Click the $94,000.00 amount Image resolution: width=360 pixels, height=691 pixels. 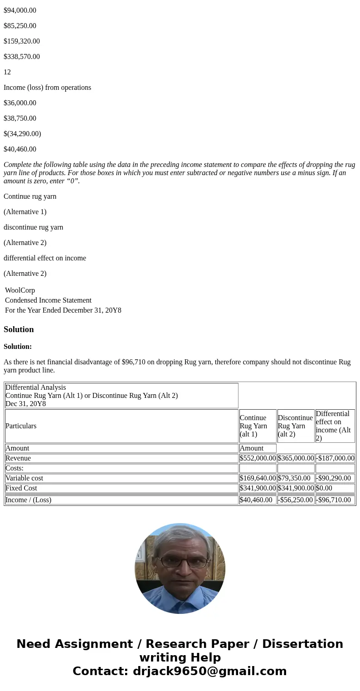(x=20, y=10)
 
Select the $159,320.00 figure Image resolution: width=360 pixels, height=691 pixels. (x=22, y=41)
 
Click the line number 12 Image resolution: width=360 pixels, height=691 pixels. (x=7, y=72)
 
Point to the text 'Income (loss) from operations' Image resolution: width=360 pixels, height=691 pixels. (x=47, y=88)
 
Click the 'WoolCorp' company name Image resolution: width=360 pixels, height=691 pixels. (x=20, y=290)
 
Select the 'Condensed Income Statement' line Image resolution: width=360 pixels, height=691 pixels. (x=48, y=300)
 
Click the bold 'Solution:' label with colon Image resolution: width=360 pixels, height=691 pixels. (x=18, y=347)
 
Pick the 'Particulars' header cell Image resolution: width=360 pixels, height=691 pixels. (x=21, y=426)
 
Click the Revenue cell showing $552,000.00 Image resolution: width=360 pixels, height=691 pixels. (x=258, y=458)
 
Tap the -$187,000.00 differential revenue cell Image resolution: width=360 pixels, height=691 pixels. (x=335, y=458)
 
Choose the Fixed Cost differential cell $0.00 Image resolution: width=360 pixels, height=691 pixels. (x=324, y=488)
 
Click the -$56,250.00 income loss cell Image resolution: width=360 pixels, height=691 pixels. (x=295, y=500)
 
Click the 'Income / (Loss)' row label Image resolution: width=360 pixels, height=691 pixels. (x=29, y=500)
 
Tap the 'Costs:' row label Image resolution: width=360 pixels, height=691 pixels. (x=15, y=468)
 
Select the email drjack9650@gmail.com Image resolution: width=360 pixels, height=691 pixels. (x=209, y=671)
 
